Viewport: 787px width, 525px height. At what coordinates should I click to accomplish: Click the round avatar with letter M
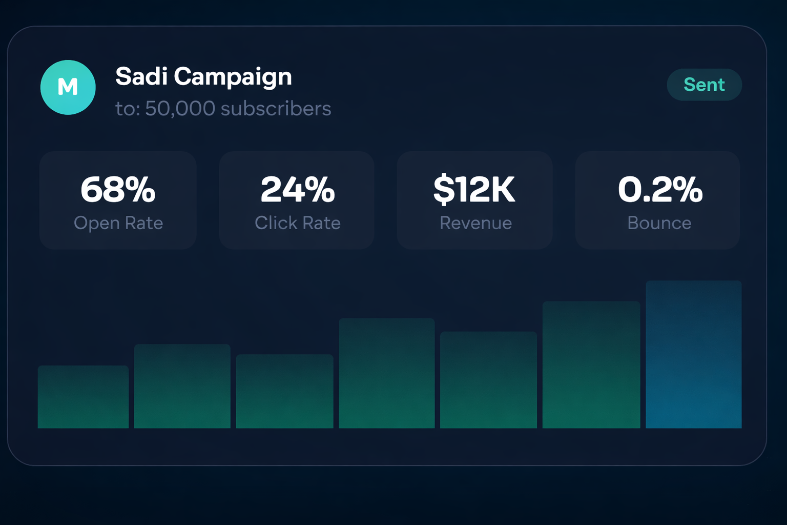[x=68, y=87]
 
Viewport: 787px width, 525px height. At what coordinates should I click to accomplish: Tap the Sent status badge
[x=704, y=85]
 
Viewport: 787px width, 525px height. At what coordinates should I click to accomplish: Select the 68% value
[x=118, y=190]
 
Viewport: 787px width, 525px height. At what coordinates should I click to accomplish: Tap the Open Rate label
[x=118, y=223]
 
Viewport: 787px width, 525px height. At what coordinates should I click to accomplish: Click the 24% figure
[x=298, y=190]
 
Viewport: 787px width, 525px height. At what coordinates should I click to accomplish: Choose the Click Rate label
[x=298, y=223]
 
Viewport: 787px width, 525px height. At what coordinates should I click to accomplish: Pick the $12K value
[x=474, y=190]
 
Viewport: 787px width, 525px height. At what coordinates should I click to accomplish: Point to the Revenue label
[x=475, y=223]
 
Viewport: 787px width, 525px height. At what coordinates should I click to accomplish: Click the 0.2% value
[x=660, y=190]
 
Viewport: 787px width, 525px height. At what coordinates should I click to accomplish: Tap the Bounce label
[x=659, y=223]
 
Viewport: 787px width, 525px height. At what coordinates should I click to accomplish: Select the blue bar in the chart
[x=693, y=354]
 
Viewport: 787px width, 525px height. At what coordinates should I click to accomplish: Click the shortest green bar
[x=83, y=397]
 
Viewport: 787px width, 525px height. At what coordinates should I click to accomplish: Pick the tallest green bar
[x=591, y=365]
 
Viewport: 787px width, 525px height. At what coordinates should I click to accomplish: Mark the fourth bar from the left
[x=387, y=373]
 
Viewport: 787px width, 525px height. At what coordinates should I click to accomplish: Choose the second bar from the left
[x=182, y=386]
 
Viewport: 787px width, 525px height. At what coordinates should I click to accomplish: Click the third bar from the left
[x=284, y=391]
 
